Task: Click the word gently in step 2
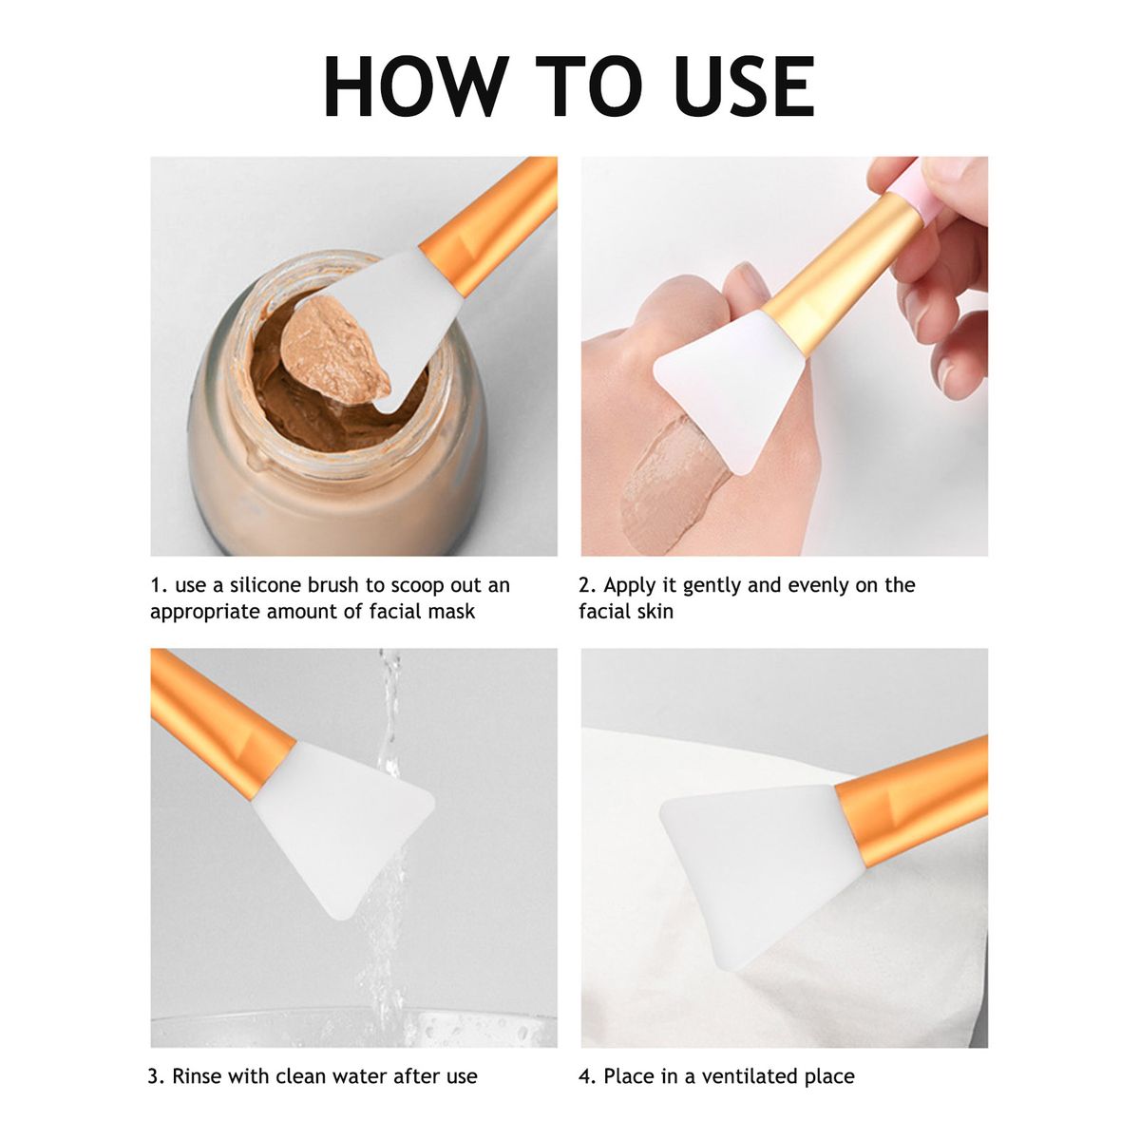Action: coord(712,587)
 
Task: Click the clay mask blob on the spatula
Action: coord(334,352)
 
